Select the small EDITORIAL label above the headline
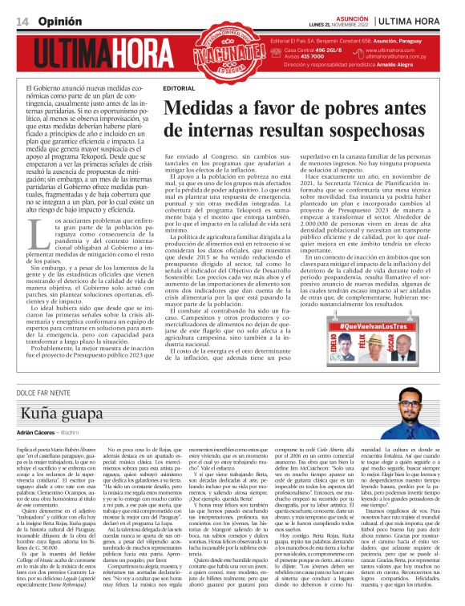178,87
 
